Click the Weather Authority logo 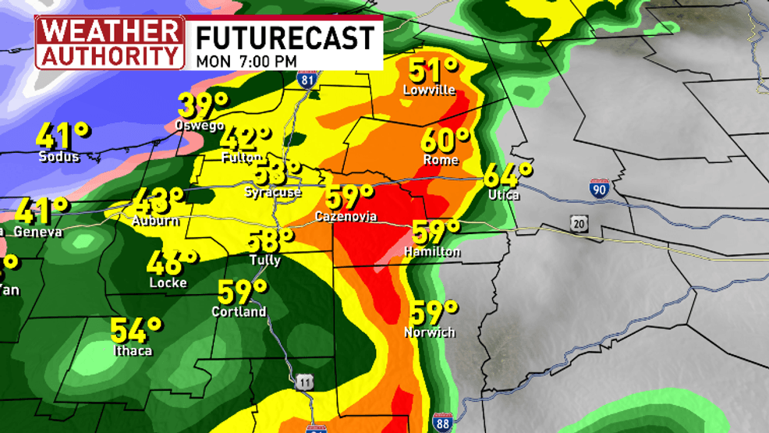click(110, 42)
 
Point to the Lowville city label click(428, 91)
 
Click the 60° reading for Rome click(445, 141)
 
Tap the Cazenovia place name click(346, 215)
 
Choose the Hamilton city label click(432, 252)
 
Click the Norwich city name click(430, 332)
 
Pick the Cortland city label click(239, 312)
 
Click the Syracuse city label click(273, 191)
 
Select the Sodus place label click(59, 157)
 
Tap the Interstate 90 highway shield click(599, 189)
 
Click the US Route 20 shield click(578, 224)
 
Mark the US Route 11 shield click(304, 382)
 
